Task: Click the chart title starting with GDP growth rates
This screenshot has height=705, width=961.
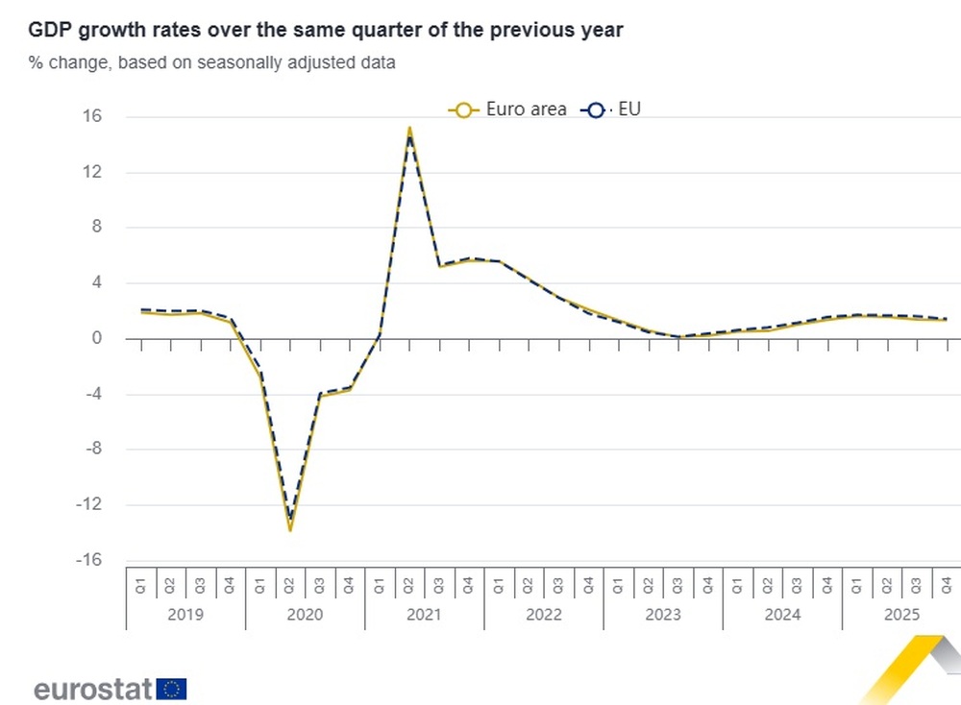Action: click(x=326, y=30)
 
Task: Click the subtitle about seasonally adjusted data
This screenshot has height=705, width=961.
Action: click(x=212, y=63)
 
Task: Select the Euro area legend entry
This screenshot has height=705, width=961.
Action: click(x=508, y=109)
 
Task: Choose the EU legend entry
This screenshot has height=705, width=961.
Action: click(x=611, y=109)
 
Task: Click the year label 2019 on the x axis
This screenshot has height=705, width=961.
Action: click(x=185, y=615)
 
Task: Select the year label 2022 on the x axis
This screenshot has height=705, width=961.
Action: click(x=544, y=615)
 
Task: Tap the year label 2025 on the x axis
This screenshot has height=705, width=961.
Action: click(x=902, y=615)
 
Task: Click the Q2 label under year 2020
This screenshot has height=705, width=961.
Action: click(x=290, y=583)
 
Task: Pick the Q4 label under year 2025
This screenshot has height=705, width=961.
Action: click(x=947, y=583)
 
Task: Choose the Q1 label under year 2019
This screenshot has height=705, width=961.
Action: click(x=140, y=583)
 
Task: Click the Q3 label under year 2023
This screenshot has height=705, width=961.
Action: click(x=678, y=583)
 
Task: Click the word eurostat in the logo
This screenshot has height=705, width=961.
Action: click(x=93, y=688)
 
